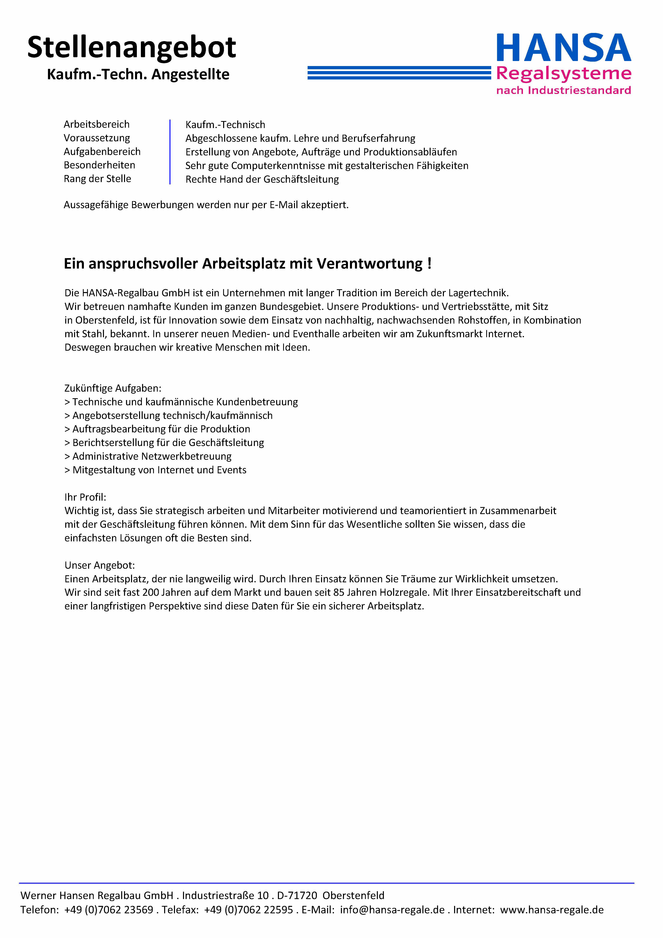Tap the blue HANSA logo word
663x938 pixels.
click(564, 48)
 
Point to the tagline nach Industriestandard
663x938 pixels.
click(564, 90)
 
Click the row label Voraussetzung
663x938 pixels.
click(97, 138)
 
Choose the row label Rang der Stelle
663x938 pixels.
click(97, 179)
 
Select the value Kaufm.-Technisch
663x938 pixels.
click(225, 125)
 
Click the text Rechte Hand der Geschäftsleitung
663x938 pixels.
click(262, 179)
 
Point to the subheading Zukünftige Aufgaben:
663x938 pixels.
click(113, 388)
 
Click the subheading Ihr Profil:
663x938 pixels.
click(85, 497)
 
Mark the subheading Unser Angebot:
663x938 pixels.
click(100, 565)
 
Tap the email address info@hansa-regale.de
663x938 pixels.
click(392, 910)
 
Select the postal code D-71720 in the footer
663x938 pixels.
click(297, 895)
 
